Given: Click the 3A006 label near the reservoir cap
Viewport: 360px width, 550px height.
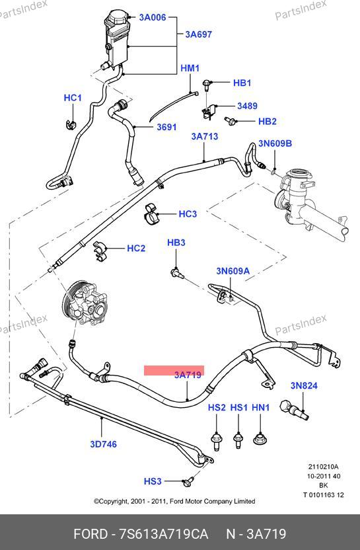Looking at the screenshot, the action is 153,17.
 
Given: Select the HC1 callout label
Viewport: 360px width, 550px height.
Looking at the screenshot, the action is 73,98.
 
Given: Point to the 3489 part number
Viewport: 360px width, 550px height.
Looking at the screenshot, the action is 247,106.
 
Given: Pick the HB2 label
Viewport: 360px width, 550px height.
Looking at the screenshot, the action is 267,122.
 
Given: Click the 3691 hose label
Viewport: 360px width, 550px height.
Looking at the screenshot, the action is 166,127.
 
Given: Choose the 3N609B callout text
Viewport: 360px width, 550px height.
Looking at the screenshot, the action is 275,143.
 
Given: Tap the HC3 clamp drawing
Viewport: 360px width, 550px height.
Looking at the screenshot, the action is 151,214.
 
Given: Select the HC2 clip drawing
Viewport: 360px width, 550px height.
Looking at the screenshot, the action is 100,251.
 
